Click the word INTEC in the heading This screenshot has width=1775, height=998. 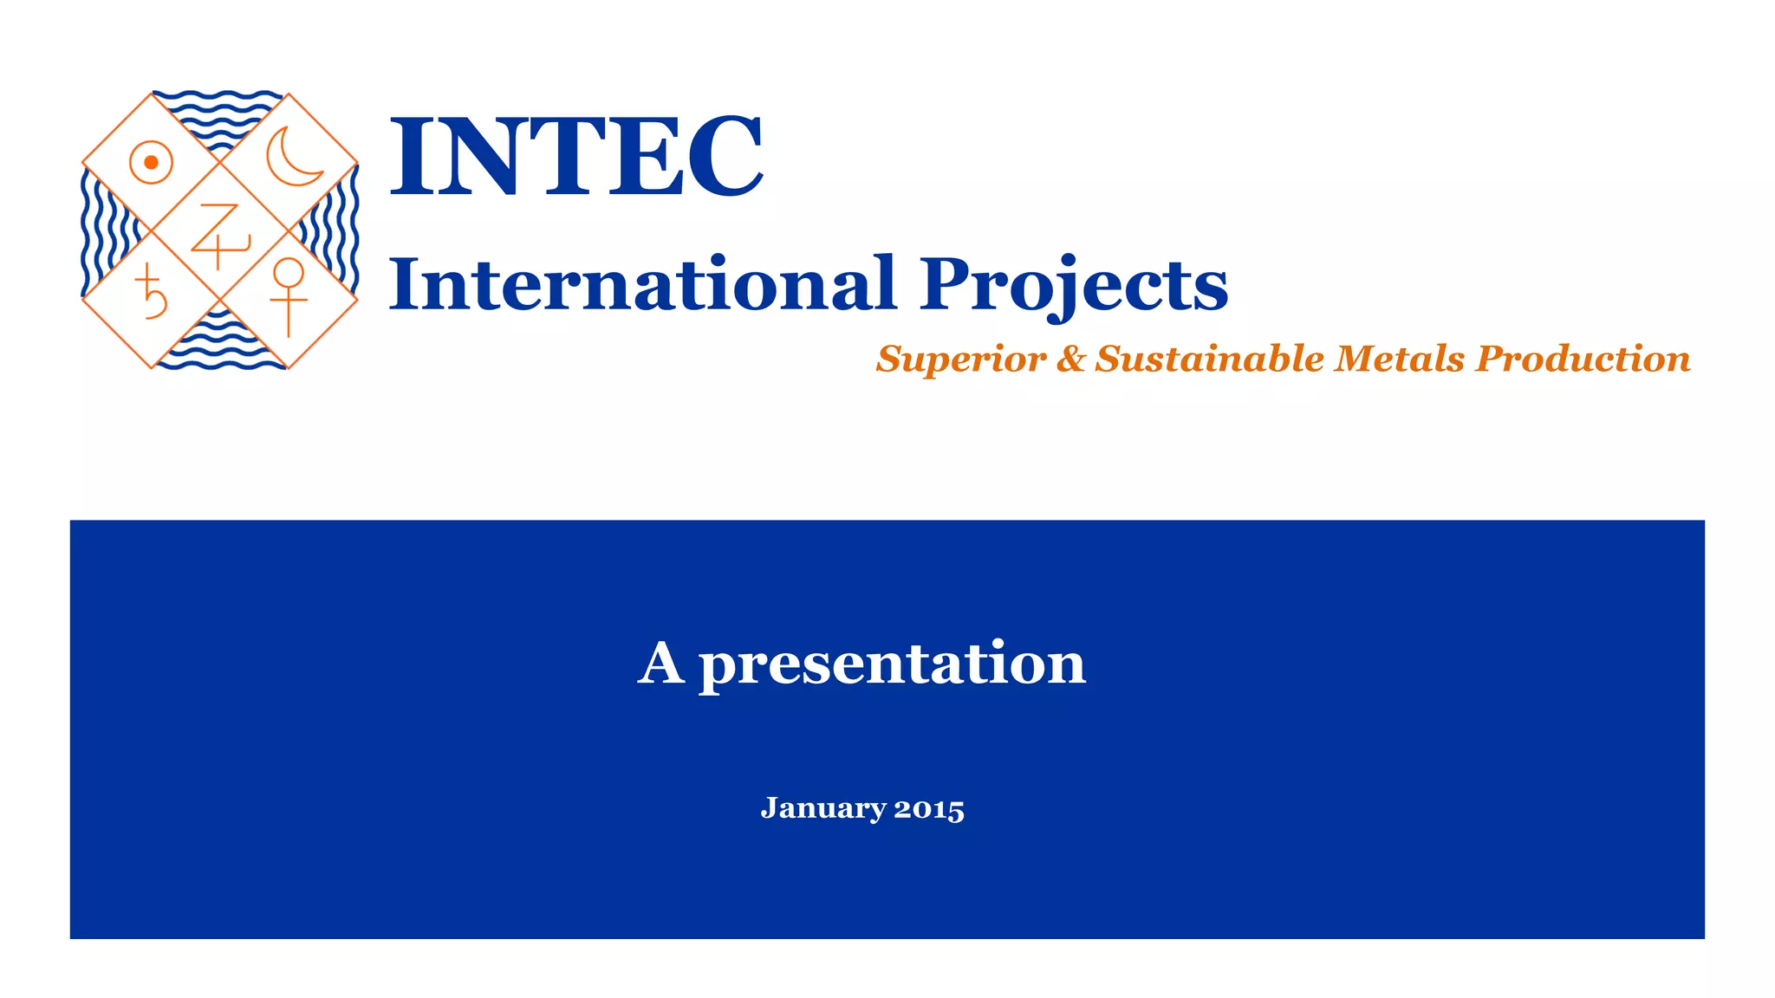(x=576, y=156)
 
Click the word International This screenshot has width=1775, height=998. (x=641, y=284)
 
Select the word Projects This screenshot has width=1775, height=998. (x=1073, y=286)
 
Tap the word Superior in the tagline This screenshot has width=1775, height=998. (x=960, y=359)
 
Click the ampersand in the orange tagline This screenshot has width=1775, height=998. (x=1070, y=359)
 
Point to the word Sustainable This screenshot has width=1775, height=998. (x=1209, y=359)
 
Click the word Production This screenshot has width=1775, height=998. (x=1583, y=359)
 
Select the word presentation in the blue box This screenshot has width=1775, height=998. (x=892, y=665)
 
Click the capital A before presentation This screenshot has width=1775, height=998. (x=661, y=664)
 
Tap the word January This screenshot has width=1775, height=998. (x=823, y=808)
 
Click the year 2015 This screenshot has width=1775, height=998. (x=929, y=809)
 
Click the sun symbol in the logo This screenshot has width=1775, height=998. (x=151, y=162)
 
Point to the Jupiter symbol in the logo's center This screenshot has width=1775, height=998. (x=219, y=235)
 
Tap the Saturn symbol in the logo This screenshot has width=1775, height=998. (x=151, y=293)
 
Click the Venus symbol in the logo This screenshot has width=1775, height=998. (x=288, y=295)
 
